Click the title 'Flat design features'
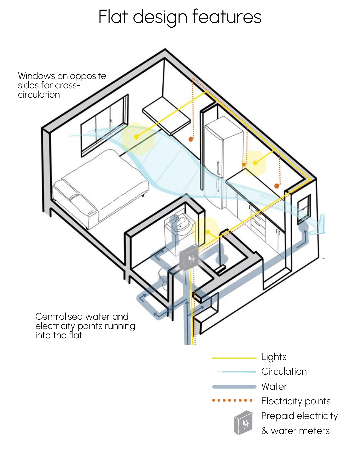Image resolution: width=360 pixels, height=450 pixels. tap(180, 17)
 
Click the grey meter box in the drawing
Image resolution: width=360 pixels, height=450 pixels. tap(189, 259)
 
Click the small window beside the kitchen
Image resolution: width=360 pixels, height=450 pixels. tap(304, 208)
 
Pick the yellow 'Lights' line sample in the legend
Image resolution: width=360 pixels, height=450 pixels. tap(234, 358)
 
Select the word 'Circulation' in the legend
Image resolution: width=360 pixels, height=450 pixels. tap(284, 371)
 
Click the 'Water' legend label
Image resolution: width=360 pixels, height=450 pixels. tap(274, 386)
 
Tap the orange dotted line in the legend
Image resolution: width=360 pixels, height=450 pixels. tap(232, 400)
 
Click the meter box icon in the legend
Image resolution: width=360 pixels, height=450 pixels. tap(243, 423)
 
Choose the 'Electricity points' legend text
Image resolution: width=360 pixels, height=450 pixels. tap(296, 401)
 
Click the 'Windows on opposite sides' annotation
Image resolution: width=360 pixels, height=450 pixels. tap(62, 85)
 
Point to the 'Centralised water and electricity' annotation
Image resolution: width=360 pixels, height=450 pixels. tap(85, 326)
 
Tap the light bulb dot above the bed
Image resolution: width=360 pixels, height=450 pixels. tap(136, 137)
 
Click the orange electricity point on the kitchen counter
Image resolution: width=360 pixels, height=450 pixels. tap(276, 186)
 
